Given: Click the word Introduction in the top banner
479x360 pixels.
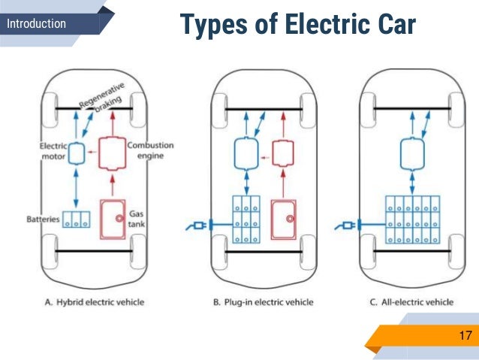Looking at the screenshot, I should pyautogui.click(x=36, y=24).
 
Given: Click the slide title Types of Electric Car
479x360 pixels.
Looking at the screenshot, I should pyautogui.click(x=297, y=27).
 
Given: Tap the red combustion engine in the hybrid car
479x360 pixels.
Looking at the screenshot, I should pyautogui.click(x=112, y=153).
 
